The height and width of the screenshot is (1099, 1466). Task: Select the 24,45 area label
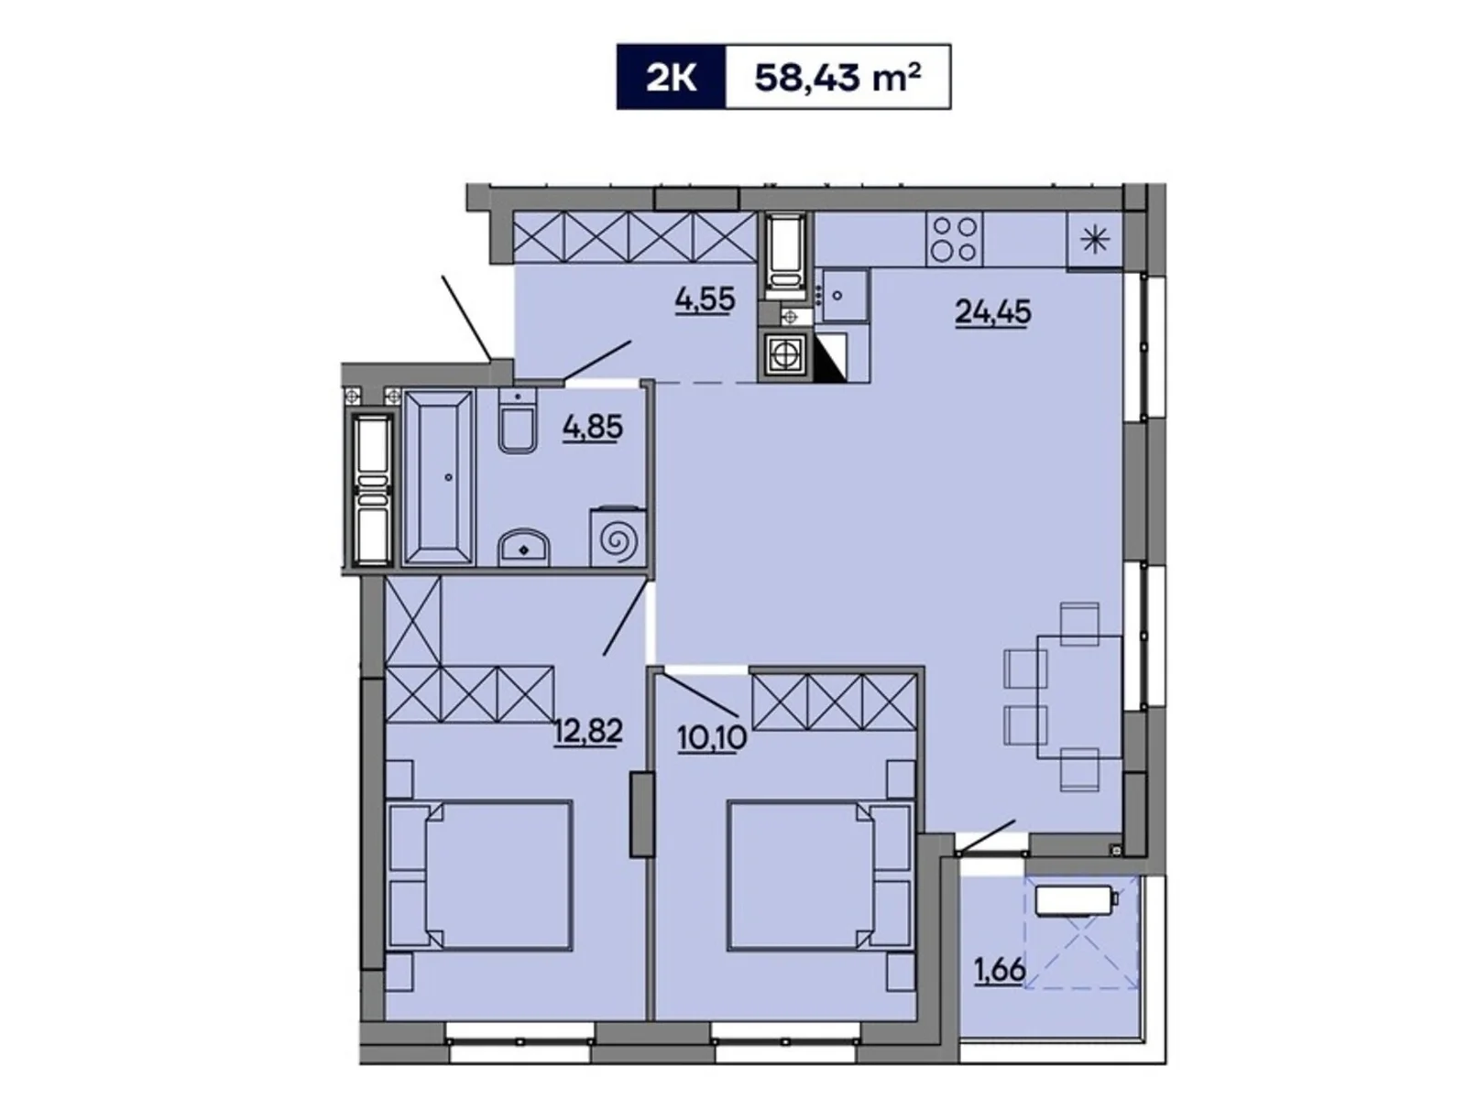(x=992, y=312)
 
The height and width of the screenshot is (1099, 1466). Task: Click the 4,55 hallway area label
(x=706, y=299)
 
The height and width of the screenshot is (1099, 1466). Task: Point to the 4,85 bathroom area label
(x=593, y=427)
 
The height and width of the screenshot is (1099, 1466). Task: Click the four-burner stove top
(x=955, y=238)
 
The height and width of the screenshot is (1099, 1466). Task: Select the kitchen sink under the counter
(x=843, y=295)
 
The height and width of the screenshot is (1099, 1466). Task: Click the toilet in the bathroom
(x=519, y=427)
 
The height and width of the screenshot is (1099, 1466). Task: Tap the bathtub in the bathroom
(x=439, y=476)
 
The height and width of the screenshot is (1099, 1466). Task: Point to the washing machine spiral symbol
(x=618, y=540)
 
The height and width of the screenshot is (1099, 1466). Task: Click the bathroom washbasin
(x=523, y=549)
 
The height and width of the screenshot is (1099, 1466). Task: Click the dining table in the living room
(x=1079, y=696)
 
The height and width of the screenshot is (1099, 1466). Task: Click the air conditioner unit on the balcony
(x=1076, y=899)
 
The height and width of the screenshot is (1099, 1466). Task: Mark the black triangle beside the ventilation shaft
(x=831, y=357)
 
